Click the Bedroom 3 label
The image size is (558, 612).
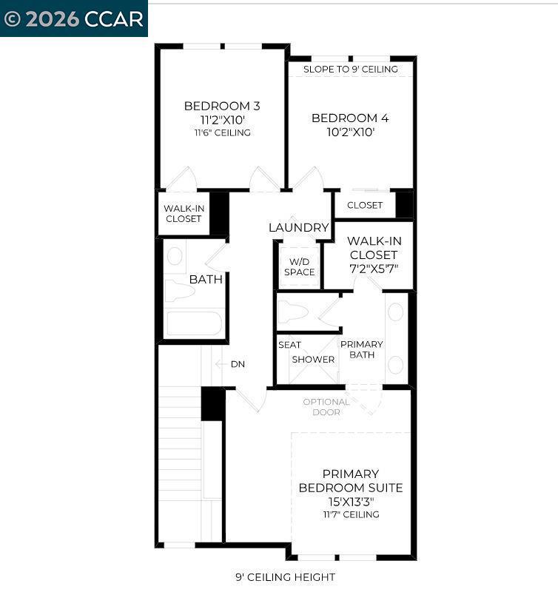(x=222, y=106)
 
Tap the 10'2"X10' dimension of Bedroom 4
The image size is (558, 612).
(x=350, y=132)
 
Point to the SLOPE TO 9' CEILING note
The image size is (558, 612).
(x=350, y=69)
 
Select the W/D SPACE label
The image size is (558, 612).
(x=299, y=266)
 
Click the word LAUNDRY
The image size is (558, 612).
(x=299, y=227)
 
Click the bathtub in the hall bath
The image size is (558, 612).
(x=194, y=323)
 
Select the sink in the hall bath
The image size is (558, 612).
(x=175, y=256)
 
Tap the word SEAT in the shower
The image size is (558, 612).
(x=289, y=345)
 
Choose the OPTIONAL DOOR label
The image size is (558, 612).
(x=326, y=407)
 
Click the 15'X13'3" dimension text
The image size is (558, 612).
(x=351, y=501)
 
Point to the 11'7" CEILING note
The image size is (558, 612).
(x=351, y=514)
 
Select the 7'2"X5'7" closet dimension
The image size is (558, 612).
(x=374, y=269)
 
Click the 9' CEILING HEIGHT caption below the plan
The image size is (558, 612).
(x=285, y=577)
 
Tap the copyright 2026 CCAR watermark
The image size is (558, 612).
(x=74, y=19)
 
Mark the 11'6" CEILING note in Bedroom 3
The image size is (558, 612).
(x=223, y=132)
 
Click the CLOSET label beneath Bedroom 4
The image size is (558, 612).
(x=365, y=205)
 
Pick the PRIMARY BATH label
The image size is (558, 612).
(x=362, y=349)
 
